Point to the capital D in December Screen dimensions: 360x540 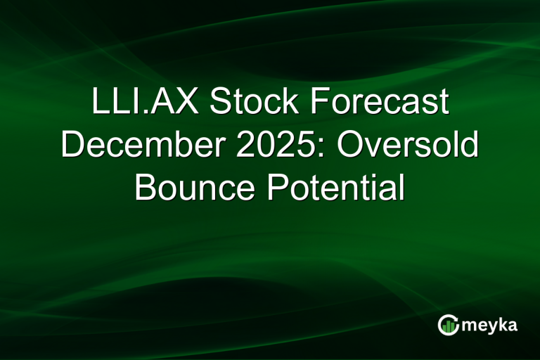(72, 146)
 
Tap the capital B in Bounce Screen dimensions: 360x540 (146, 188)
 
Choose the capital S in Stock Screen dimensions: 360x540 (220, 103)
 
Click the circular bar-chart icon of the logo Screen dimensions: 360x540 (448, 324)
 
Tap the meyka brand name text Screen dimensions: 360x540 (489, 326)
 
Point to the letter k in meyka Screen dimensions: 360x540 (502, 324)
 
